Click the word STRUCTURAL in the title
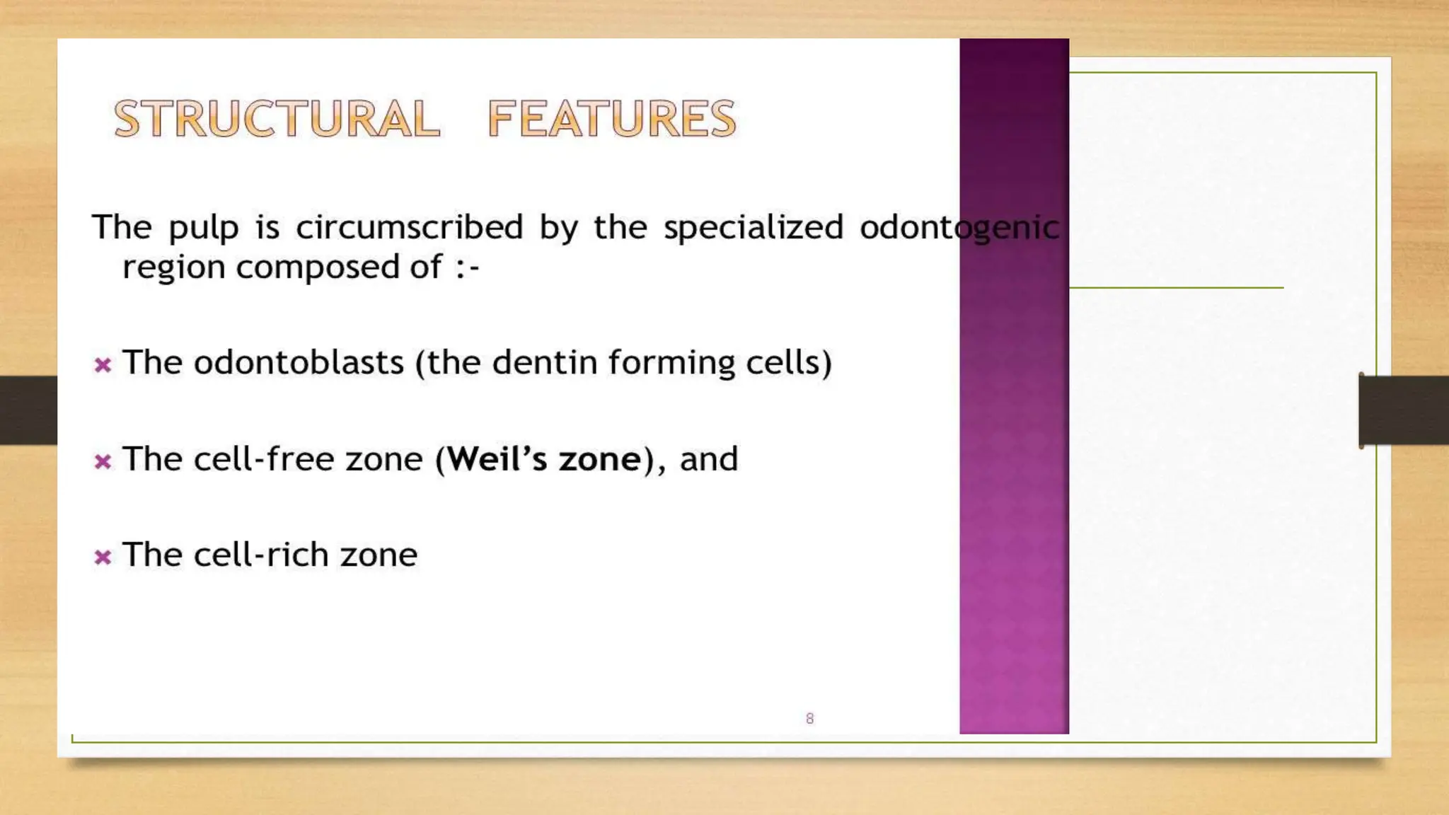[x=277, y=118]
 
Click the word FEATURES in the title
[x=612, y=118]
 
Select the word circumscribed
[x=409, y=227]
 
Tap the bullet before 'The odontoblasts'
[x=103, y=365]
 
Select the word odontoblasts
[x=299, y=362]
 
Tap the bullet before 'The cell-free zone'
[x=103, y=462]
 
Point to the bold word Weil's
[x=497, y=459]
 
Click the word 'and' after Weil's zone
[x=708, y=459]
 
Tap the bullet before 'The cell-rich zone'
[x=103, y=557]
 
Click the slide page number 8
[x=809, y=719]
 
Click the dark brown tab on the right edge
[x=1404, y=410]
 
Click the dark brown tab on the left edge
[x=28, y=410]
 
